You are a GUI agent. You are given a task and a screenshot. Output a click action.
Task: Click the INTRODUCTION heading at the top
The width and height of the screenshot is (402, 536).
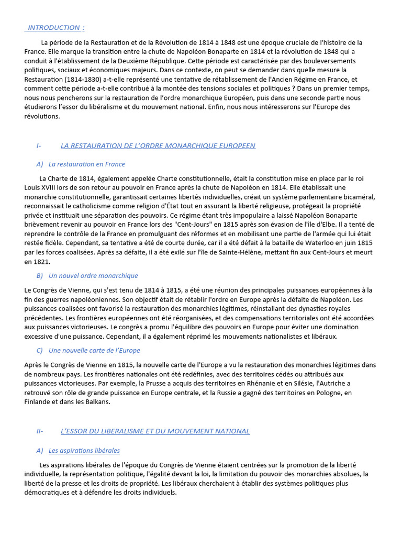click(x=54, y=28)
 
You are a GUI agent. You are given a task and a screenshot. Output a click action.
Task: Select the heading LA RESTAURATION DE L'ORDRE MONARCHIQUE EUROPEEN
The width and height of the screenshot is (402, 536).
click(x=158, y=146)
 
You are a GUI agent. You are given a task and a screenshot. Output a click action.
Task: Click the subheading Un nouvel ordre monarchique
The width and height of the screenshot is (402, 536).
click(x=93, y=275)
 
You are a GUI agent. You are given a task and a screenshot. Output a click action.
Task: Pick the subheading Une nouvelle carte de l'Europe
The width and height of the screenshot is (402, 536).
click(x=94, y=350)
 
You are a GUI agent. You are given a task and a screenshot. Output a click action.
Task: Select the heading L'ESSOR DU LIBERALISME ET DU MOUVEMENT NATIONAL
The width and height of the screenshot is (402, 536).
click(x=155, y=431)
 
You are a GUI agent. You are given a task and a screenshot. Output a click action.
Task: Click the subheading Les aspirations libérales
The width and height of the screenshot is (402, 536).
click(x=84, y=450)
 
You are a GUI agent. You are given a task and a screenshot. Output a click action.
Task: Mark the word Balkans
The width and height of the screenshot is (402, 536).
click(x=97, y=402)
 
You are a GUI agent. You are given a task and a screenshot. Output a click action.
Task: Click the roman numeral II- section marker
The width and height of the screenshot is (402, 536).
click(x=40, y=431)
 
